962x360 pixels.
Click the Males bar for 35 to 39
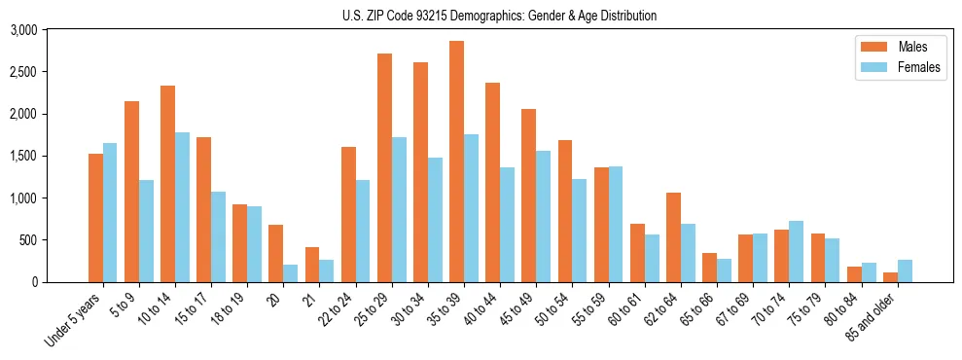tap(456, 162)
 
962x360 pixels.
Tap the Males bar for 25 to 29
tap(384, 167)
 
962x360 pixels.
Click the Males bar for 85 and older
tap(890, 277)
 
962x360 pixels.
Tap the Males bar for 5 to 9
tap(131, 192)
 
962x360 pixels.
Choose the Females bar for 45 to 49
tap(544, 216)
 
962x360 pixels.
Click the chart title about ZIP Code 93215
tap(500, 16)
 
